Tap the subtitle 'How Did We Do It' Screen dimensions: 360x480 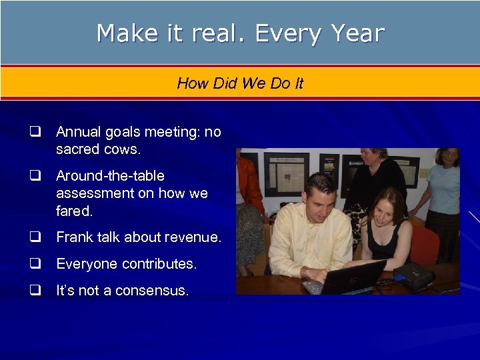click(240, 83)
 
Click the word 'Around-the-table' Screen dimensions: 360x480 click(110, 176)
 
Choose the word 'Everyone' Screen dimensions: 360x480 click(84, 264)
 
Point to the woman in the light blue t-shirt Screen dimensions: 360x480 click(443, 187)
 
